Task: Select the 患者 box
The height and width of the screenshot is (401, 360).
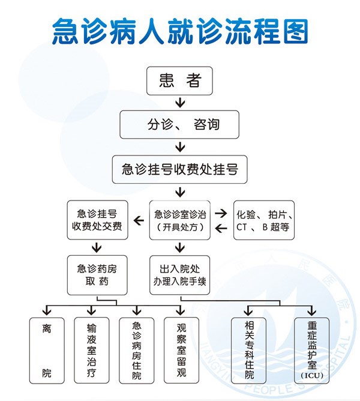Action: click(x=180, y=80)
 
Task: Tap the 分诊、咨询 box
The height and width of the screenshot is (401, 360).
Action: click(x=180, y=125)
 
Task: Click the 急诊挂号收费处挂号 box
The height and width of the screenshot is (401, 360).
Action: click(x=180, y=169)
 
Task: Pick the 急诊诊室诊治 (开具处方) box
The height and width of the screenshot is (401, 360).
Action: click(x=180, y=220)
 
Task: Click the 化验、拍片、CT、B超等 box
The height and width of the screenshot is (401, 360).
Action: click(x=264, y=220)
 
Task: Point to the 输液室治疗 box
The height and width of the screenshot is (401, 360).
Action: click(x=91, y=351)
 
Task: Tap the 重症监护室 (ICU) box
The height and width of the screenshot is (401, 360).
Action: click(x=312, y=351)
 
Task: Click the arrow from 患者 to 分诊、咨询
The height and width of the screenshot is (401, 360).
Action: click(x=180, y=101)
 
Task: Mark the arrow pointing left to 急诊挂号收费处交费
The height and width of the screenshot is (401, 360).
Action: click(x=138, y=221)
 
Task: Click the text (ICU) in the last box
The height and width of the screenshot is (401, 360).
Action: click(x=312, y=376)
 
